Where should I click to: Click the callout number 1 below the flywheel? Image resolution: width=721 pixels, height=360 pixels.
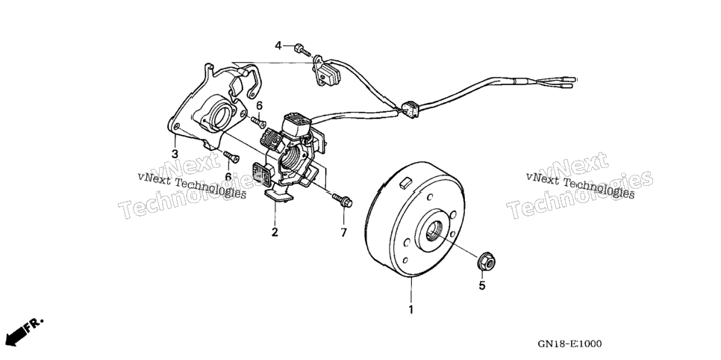(411, 310)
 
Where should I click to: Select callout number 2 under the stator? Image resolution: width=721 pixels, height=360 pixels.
(275, 232)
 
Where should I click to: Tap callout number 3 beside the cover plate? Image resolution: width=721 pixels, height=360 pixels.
(175, 154)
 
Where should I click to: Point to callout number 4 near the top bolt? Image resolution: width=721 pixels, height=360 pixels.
(278, 46)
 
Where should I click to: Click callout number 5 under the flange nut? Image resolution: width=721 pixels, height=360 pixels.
(482, 286)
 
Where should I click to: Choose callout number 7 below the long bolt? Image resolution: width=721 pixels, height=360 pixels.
(343, 233)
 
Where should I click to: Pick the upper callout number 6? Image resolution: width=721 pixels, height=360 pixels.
(259, 105)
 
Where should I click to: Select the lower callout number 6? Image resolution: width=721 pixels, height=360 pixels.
(228, 176)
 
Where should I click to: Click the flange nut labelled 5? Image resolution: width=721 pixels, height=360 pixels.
(486, 261)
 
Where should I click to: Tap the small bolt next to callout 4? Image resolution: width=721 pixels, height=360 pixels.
(302, 50)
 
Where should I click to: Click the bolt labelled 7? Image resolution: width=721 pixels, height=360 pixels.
(342, 200)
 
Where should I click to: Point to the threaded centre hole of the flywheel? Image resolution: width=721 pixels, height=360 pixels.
(434, 230)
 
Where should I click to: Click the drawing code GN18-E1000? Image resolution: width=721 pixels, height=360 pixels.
(569, 344)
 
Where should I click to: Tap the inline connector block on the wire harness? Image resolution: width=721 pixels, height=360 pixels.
(411, 108)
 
